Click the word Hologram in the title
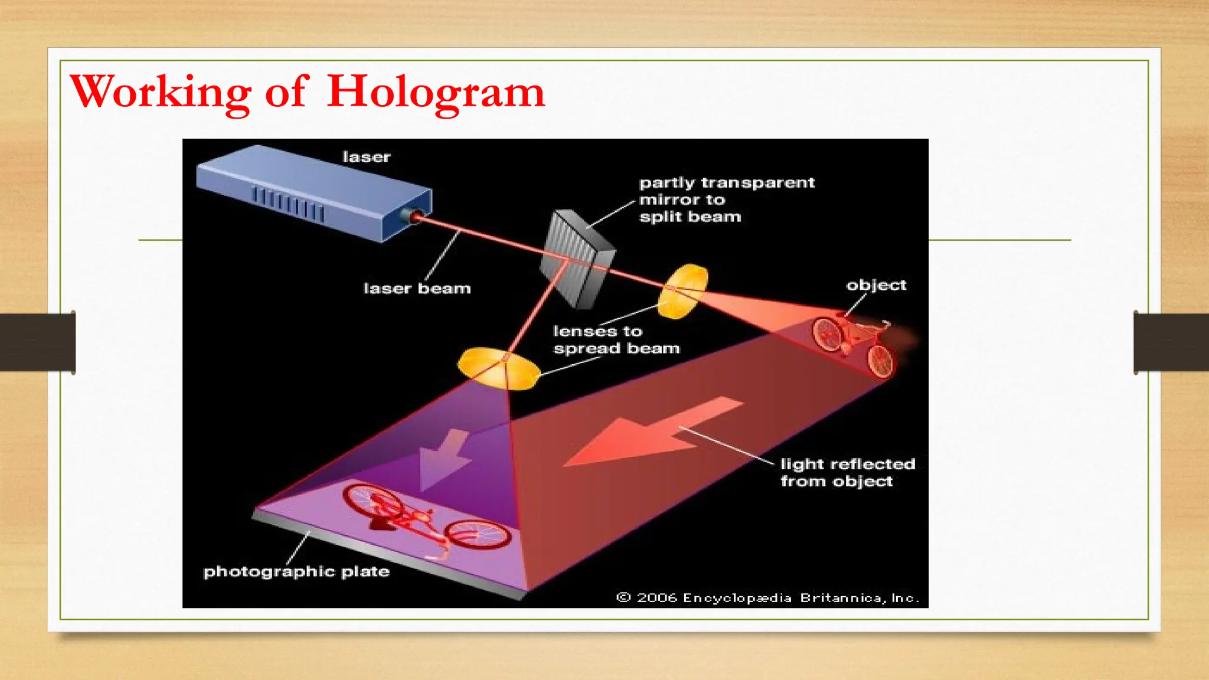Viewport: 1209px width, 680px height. click(436, 92)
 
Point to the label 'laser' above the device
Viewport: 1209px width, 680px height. click(367, 157)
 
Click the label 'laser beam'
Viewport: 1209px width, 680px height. click(417, 289)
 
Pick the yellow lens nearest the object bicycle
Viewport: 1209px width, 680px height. click(683, 291)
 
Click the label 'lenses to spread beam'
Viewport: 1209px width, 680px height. click(615, 340)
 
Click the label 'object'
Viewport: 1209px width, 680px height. click(876, 285)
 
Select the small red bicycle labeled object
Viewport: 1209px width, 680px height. click(853, 345)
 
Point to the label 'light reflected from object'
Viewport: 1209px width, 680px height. click(847, 472)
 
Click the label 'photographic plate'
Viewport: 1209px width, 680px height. click(296, 571)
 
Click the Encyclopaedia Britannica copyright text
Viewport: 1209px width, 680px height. click(767, 598)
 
